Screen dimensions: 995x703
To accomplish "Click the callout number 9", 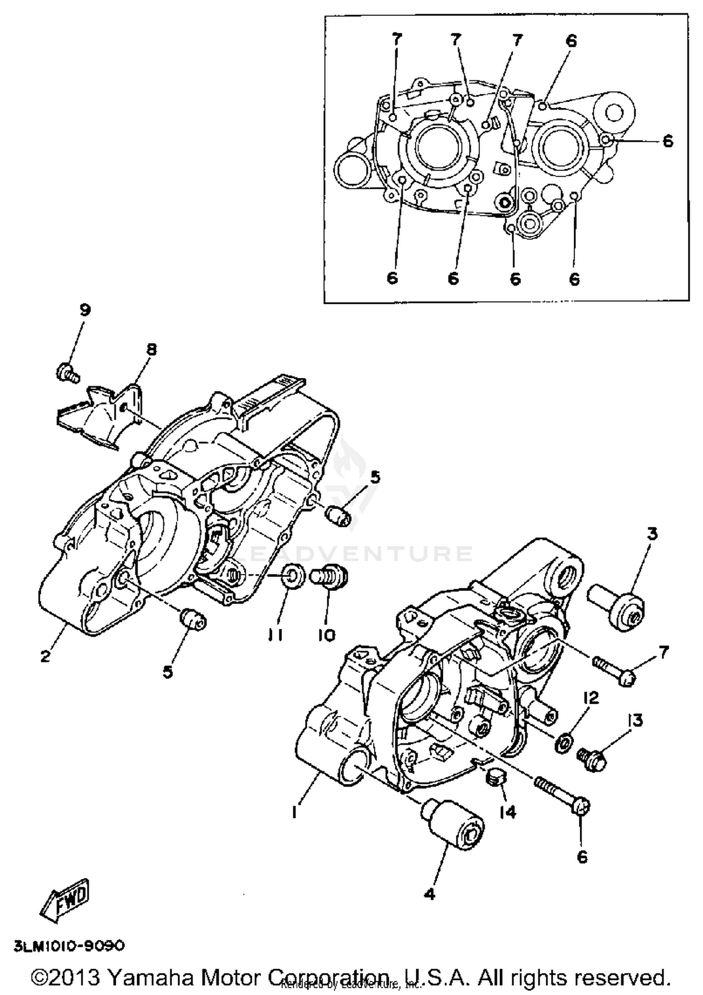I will (x=84, y=310).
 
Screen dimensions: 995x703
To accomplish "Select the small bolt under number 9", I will (x=67, y=373).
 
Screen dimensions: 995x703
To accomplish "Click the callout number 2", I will (x=45, y=656).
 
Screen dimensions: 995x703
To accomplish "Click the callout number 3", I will (x=652, y=533).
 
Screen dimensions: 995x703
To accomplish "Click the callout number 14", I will (x=507, y=811).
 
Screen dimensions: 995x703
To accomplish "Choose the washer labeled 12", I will (x=562, y=743).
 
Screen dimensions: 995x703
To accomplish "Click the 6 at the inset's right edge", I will (x=668, y=141).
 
